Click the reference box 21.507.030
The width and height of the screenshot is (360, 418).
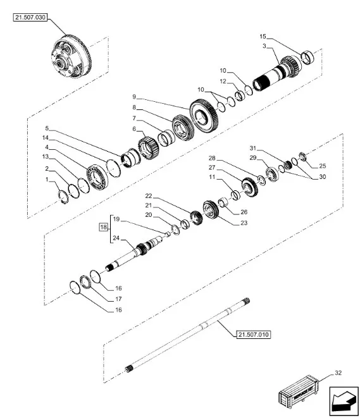[31, 17]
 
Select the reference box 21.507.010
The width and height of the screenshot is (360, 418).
[254, 334]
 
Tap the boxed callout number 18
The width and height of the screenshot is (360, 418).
[103, 226]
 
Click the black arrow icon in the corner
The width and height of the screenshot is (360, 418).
[341, 401]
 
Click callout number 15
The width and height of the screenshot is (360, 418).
[263, 36]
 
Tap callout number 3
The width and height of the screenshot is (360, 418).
[263, 47]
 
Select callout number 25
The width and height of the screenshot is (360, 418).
[323, 166]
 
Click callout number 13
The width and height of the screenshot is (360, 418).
[45, 156]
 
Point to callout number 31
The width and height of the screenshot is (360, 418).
[252, 148]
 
